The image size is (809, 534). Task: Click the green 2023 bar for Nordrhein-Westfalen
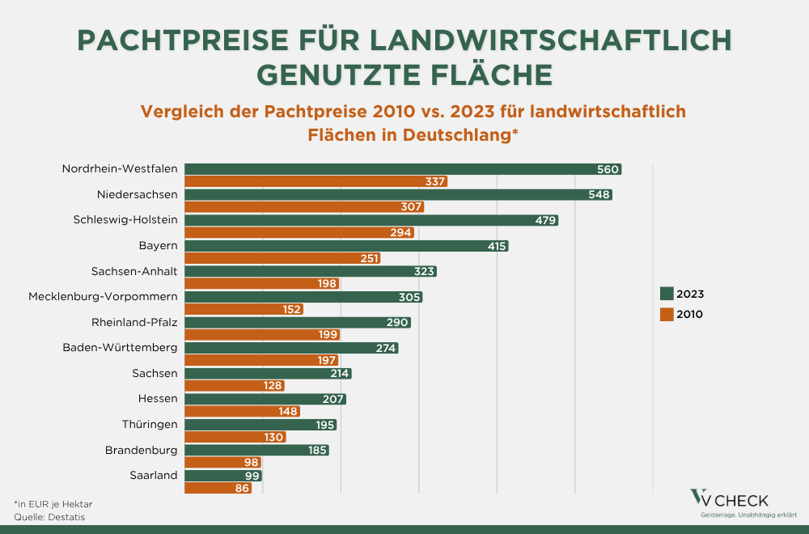tap(403, 169)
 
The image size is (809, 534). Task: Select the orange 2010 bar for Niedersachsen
tap(304, 207)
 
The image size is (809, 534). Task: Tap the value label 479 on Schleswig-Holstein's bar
tap(544, 220)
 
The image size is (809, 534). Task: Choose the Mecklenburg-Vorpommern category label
tap(103, 296)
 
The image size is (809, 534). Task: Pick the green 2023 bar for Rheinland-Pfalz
tap(298, 322)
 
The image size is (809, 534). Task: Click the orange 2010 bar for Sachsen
tap(235, 386)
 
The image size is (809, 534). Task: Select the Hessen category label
tap(158, 398)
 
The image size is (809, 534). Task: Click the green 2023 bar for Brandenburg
tap(256, 450)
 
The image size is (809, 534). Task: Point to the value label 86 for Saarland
tap(239, 488)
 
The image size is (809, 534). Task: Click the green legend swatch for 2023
tap(667, 294)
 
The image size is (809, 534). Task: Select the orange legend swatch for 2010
tap(667, 314)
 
